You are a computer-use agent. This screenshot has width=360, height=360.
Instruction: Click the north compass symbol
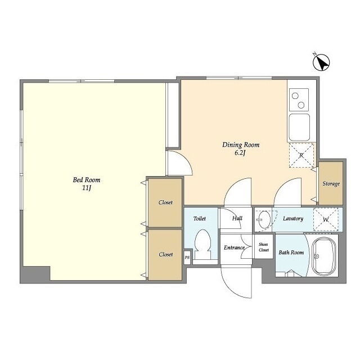[321, 62]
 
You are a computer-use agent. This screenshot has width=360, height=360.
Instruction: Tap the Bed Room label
[87, 180]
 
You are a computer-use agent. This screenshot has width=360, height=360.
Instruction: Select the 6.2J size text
[240, 153]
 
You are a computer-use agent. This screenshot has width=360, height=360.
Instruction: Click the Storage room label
[331, 184]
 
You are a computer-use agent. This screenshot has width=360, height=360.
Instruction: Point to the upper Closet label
[165, 202]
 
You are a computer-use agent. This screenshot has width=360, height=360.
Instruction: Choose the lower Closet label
[166, 254]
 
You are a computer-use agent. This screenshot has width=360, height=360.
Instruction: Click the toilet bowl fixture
[202, 244]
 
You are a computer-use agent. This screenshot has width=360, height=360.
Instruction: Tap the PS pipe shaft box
[187, 258]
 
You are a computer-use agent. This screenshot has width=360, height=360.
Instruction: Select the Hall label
[237, 218]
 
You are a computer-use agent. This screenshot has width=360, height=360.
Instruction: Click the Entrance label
[234, 247]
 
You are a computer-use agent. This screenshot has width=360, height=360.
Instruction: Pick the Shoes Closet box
[264, 246]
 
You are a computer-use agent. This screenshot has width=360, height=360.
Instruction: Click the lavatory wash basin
[264, 219]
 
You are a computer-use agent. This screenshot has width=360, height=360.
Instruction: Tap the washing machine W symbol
[326, 219]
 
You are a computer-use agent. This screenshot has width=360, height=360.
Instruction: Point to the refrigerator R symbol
[301, 155]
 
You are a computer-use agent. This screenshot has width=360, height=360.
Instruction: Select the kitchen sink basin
[299, 127]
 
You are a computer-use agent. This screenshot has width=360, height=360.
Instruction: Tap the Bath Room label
[291, 253]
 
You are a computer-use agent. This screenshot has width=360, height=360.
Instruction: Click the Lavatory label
[293, 219]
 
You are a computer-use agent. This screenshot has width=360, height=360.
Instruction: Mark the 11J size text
[87, 188]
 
